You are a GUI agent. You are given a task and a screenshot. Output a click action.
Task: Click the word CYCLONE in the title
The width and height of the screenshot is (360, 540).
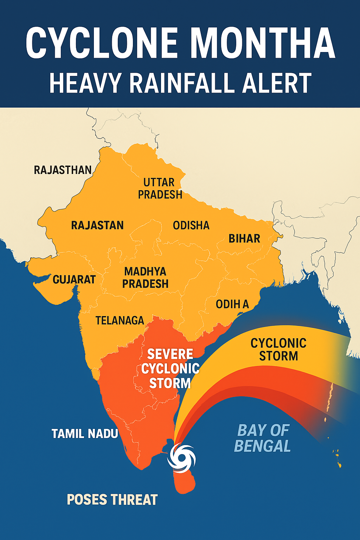coord(102,43)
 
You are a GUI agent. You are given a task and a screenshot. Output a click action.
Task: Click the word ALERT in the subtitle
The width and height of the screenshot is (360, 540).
coord(277,83)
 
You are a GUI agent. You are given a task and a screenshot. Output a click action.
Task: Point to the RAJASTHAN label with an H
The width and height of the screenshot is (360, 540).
coord(63,170)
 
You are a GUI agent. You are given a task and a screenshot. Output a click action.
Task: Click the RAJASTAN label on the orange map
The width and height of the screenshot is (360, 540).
coord(97,225)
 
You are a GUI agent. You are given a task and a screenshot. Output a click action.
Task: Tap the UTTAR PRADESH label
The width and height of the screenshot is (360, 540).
coord(160,188)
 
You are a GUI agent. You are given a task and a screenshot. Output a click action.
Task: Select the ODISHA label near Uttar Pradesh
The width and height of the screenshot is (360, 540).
coord(191,225)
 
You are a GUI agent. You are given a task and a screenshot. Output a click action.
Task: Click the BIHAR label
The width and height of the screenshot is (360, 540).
coord(244,239)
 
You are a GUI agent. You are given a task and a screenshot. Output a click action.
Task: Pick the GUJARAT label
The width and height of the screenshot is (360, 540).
coord(74,279)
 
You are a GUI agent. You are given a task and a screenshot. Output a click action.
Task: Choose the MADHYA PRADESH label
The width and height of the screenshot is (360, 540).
coord(145,277)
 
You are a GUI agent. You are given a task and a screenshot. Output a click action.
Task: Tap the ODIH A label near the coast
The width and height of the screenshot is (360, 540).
coord(232,304)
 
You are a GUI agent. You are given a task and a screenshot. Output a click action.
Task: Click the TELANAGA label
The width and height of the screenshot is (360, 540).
coord(120,321)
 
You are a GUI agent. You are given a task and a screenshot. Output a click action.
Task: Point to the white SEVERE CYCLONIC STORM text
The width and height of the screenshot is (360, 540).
coord(170,368)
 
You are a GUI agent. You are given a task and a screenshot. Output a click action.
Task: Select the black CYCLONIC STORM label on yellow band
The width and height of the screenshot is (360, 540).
coord(278,349)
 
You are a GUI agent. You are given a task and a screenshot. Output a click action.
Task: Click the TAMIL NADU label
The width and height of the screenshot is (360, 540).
coord(85,433)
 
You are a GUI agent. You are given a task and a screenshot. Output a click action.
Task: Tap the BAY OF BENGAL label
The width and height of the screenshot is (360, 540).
coord(263,438)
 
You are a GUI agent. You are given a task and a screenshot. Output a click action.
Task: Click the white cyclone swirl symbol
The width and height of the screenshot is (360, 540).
coord(181,457)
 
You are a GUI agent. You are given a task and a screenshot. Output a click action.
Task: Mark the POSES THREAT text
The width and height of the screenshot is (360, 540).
coord(112,500)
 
